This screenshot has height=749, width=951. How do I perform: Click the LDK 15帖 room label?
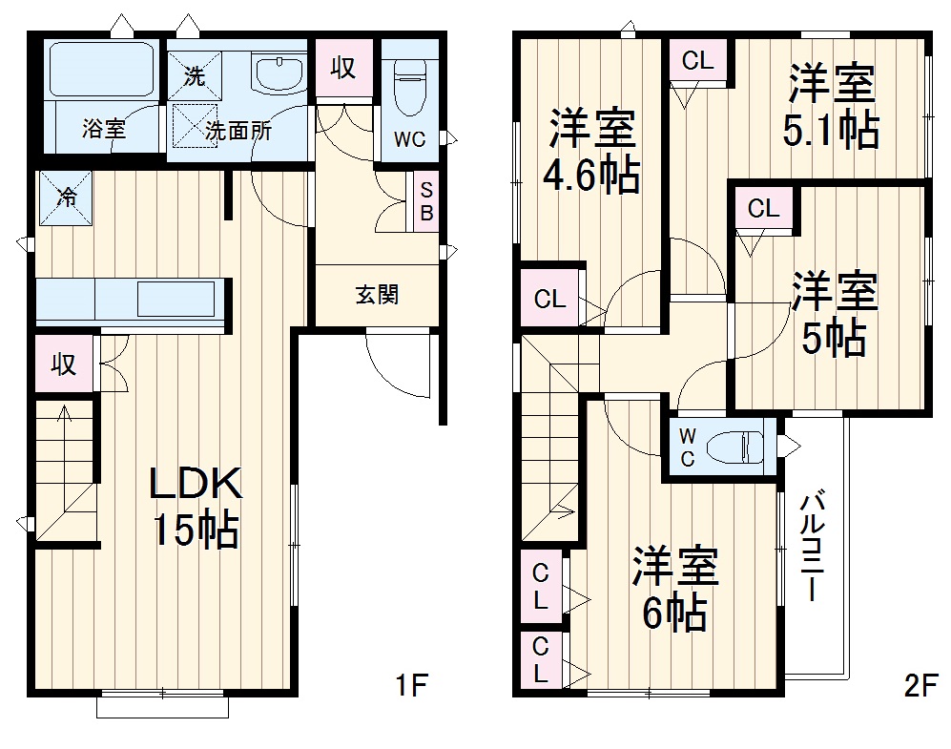pyautogui.click(x=195, y=507)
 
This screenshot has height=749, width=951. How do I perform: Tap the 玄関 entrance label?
pyautogui.click(x=378, y=295)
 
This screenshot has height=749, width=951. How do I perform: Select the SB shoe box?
pyautogui.click(x=426, y=201)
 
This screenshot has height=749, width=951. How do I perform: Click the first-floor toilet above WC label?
pyautogui.click(x=411, y=86)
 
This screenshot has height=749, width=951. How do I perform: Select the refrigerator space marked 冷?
pyautogui.click(x=66, y=198)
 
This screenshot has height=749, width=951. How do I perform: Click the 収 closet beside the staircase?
pyautogui.click(x=64, y=364)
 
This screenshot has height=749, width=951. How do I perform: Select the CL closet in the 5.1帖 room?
pyautogui.click(x=697, y=61)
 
